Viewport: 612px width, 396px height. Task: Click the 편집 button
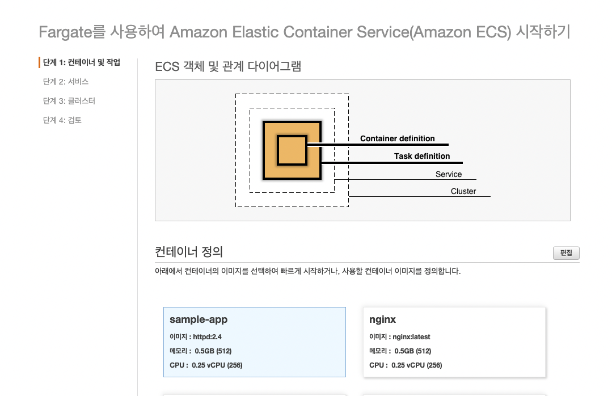(566, 253)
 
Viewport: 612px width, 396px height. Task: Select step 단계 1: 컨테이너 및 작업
(82, 62)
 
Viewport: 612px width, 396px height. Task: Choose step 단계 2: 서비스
(66, 82)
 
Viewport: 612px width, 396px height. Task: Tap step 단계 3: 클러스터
(69, 101)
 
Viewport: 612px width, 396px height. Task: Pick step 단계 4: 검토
(62, 120)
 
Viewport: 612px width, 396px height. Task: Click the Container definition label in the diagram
(397, 138)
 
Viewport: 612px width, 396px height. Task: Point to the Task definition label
(422, 156)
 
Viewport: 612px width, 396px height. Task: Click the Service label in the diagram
(449, 174)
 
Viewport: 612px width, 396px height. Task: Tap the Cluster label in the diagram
(463, 191)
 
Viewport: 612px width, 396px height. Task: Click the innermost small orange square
(292, 150)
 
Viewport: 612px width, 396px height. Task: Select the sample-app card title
(199, 319)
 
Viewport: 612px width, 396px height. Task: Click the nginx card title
(383, 319)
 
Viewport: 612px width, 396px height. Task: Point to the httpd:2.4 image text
(208, 337)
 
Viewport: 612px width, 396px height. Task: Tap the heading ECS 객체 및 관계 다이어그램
(228, 66)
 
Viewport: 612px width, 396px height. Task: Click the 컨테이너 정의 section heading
(189, 251)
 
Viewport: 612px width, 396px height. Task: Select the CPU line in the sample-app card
(206, 365)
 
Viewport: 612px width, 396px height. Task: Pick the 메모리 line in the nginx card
(400, 351)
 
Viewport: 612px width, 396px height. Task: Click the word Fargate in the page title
(65, 32)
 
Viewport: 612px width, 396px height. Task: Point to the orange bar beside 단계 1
(39, 62)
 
